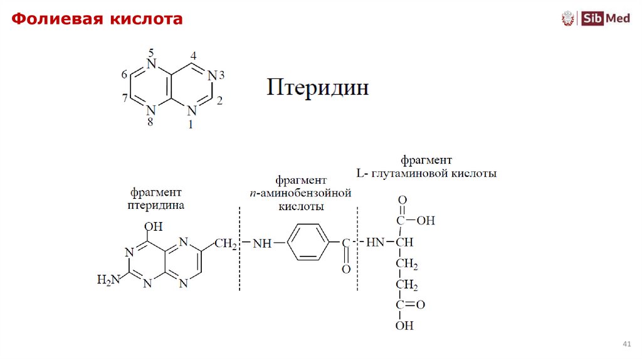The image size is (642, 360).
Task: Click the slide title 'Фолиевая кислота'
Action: pyautogui.click(x=97, y=19)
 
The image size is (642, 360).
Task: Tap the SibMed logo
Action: pyautogui.click(x=596, y=18)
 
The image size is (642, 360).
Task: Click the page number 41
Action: pyautogui.click(x=626, y=345)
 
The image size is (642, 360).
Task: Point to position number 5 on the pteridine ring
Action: pyautogui.click(x=150, y=51)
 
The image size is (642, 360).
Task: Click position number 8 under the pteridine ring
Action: pyautogui.click(x=150, y=123)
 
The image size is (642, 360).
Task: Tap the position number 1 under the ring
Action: pyautogui.click(x=191, y=124)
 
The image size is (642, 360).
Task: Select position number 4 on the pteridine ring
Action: pyautogui.click(x=193, y=56)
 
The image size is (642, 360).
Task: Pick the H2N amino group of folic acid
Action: pyautogui.click(x=107, y=279)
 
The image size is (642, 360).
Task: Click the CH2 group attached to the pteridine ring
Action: pyautogui.click(x=226, y=243)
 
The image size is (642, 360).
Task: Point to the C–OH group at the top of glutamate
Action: pyautogui.click(x=415, y=221)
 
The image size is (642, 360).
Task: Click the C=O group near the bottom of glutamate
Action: pyautogui.click(x=411, y=305)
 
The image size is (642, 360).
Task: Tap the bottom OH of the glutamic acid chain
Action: pyautogui.click(x=404, y=326)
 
